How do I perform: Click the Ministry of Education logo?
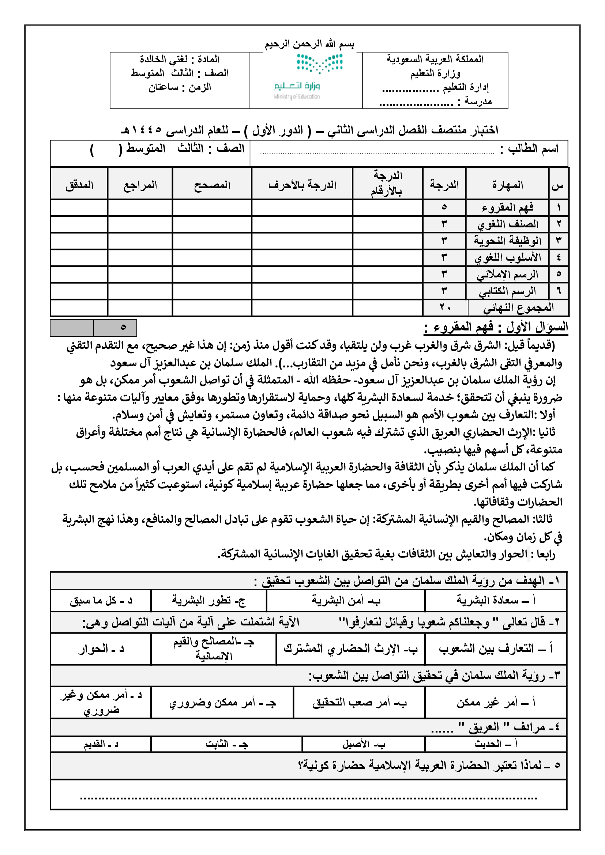point(305,76)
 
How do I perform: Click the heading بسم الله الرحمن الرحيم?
point(309,44)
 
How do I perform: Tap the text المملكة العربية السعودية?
point(435,59)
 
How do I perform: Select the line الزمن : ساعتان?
point(180,87)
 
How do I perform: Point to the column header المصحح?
point(212,185)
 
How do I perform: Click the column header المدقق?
point(79,185)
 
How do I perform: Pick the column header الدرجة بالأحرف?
point(302,185)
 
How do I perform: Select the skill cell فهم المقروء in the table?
point(507,207)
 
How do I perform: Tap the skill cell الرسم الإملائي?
point(507,275)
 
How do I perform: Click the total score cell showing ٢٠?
point(445,307)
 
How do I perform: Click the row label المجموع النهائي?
point(518,307)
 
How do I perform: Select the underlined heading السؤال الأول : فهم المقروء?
point(496,327)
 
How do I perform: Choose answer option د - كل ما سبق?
point(101,601)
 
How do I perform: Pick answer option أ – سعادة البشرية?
point(496,600)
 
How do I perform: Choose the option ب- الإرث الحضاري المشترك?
point(350,648)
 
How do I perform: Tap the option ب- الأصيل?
point(364,744)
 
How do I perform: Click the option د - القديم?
point(101,744)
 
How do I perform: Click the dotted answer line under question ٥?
point(308,798)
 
